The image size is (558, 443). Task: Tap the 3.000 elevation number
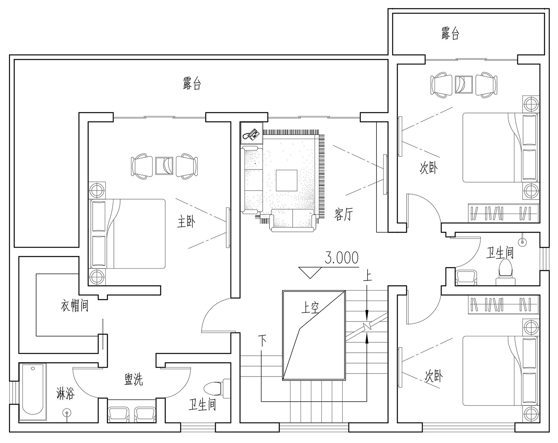click(341, 258)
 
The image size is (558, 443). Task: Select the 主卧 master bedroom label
click(186, 222)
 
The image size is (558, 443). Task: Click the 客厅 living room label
click(344, 214)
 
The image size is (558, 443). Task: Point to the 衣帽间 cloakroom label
click(75, 306)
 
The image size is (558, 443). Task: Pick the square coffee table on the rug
click(286, 180)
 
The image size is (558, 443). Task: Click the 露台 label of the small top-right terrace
click(450, 34)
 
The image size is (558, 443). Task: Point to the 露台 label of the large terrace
click(192, 83)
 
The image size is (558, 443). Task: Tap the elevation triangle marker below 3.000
click(310, 272)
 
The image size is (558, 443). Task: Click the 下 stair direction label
click(262, 342)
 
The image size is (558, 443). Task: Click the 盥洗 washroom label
click(134, 380)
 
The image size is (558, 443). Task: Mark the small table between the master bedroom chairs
click(164, 166)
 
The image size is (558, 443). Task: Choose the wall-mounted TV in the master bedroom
click(228, 227)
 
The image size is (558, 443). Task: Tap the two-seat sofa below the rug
click(293, 220)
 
